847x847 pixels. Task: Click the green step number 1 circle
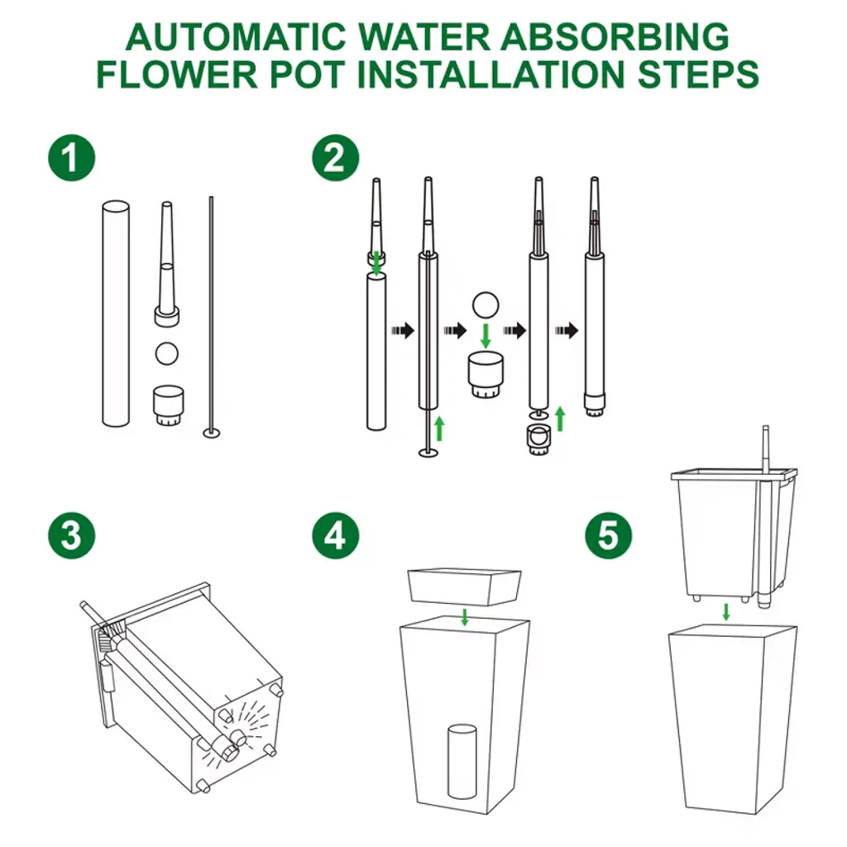72,158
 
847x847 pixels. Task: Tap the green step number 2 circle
336,158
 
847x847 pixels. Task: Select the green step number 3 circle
72,535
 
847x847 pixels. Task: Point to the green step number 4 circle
336,535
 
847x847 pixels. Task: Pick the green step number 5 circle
608,535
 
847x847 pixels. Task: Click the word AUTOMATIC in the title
236,37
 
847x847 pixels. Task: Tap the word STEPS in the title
698,74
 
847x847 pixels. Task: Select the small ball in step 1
166,353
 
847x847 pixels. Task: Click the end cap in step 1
168,405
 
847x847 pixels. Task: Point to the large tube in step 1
116,313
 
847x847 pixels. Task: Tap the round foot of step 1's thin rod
211,432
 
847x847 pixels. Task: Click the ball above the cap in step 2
485,305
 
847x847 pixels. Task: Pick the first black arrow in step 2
403,330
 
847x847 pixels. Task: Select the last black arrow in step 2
567,330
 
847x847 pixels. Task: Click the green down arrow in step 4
465,616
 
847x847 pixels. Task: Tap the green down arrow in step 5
726,612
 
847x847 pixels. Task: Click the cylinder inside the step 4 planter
462,761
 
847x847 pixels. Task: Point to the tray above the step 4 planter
465,586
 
